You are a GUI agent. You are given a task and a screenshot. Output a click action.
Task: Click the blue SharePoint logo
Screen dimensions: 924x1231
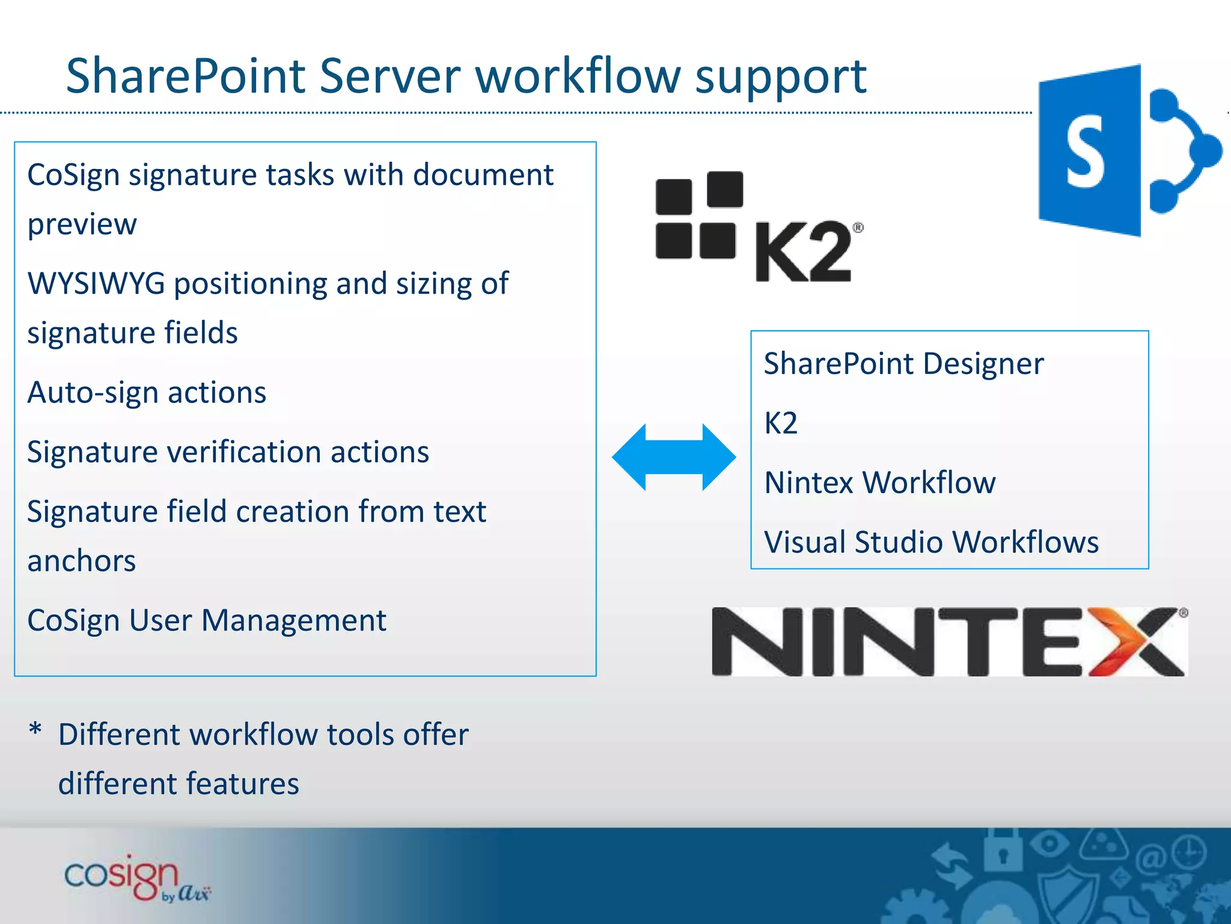pos(1124,150)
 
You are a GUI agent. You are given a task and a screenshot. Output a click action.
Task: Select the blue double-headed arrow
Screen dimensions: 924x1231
pos(674,457)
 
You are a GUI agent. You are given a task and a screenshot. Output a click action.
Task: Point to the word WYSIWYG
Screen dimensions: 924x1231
pos(96,283)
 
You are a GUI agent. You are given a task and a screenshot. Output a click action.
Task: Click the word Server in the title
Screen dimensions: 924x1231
pos(390,76)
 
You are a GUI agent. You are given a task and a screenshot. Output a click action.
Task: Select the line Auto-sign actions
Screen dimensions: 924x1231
pos(147,393)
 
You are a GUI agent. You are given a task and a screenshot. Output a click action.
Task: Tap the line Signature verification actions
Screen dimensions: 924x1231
pos(228,452)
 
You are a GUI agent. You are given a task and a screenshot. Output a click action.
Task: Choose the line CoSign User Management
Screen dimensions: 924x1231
pos(207,621)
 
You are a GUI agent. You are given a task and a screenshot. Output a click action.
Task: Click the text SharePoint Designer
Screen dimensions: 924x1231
pos(903,364)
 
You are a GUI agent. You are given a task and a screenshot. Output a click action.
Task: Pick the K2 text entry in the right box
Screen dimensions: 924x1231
pos(781,423)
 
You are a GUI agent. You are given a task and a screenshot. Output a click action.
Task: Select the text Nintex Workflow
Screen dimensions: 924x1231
pos(880,482)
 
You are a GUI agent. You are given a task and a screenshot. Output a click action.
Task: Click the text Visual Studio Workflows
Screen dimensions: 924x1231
pos(931,542)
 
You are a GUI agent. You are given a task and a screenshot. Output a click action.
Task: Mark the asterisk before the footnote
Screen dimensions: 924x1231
pos(35,729)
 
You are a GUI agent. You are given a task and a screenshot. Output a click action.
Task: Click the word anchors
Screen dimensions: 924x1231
pos(82,561)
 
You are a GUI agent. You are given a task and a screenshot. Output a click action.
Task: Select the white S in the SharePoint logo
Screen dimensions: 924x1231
pos(1086,152)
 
